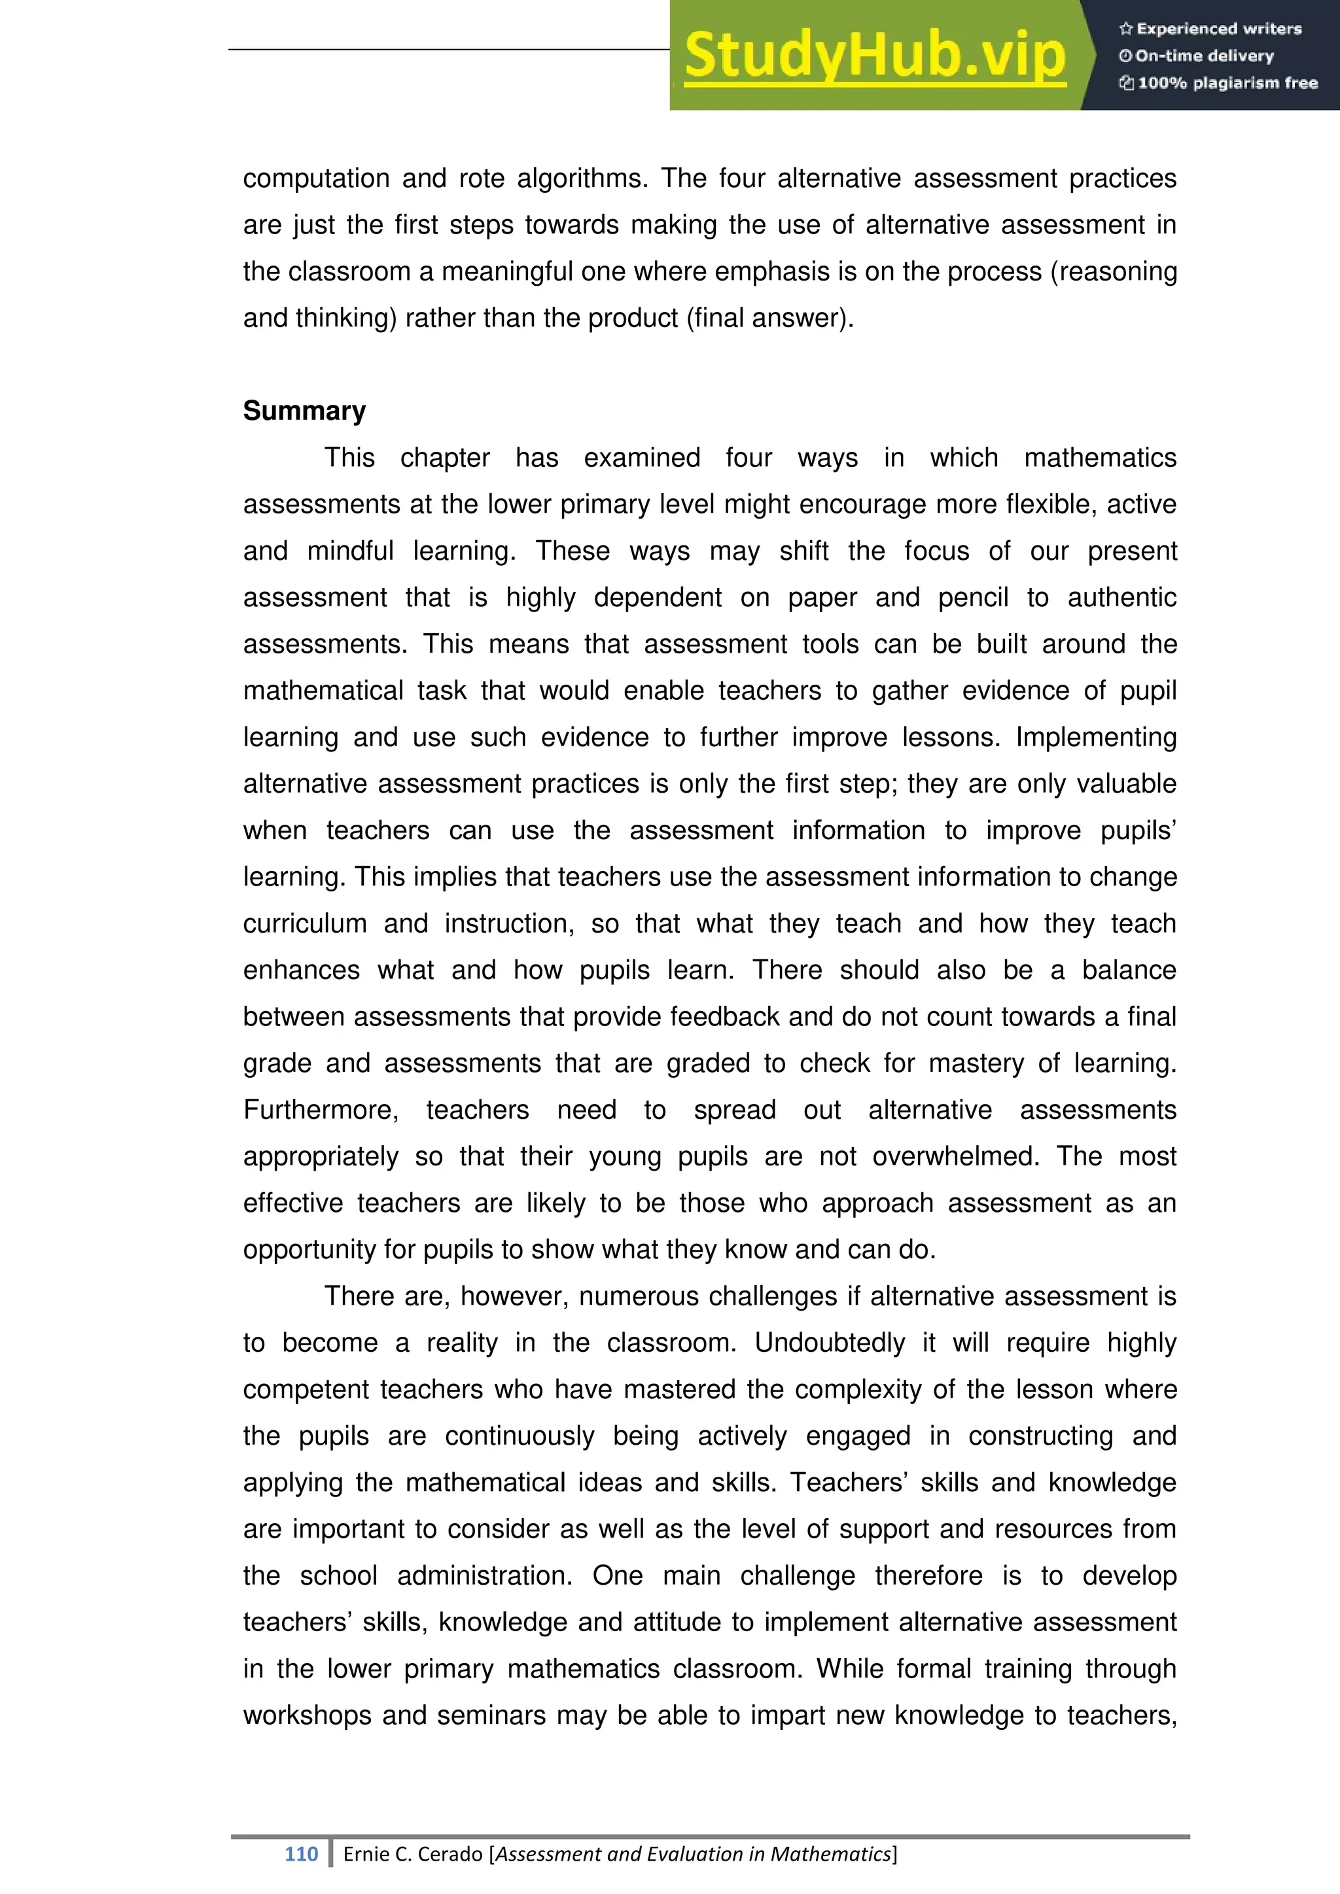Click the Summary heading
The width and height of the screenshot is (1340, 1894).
pos(304,411)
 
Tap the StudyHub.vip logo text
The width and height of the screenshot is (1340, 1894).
pos(875,56)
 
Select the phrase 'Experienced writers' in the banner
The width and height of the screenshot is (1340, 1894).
pos(1219,29)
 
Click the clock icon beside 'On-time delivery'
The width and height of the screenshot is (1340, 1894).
pos(1125,56)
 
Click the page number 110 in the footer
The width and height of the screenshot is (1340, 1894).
pos(301,1853)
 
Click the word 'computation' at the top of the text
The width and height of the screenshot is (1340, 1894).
pos(316,178)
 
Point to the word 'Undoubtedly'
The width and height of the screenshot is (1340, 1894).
pos(829,1343)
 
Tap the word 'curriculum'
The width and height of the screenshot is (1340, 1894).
pos(304,923)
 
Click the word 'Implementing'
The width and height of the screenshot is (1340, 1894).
pos(1096,736)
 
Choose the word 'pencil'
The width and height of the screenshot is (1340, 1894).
pos(973,597)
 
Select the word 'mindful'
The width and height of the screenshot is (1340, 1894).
pos(350,550)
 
